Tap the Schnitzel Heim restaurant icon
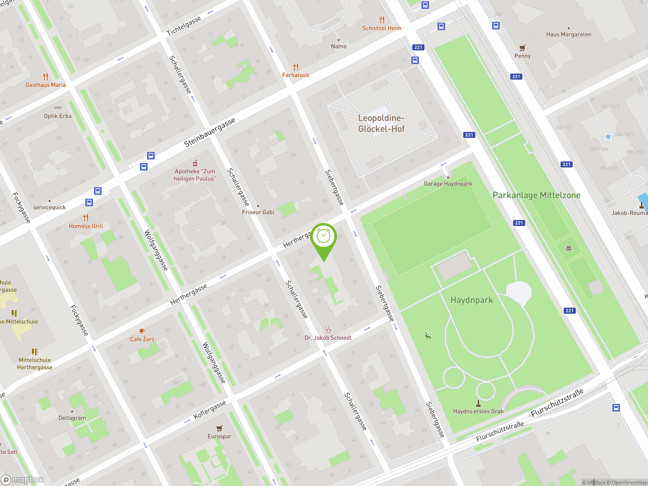tap(382, 20)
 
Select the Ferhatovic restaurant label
tap(296, 75)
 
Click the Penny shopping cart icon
tap(522, 48)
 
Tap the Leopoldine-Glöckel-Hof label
tap(381, 123)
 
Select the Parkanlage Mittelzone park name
tap(536, 195)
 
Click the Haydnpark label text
tap(472, 300)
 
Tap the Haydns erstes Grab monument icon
tap(478, 403)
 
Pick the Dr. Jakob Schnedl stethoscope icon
tap(328, 330)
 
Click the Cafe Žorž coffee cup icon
tap(142, 331)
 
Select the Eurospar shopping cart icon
tap(219, 428)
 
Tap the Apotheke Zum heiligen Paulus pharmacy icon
tap(195, 163)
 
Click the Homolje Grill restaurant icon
tap(86, 218)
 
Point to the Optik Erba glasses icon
tap(58, 108)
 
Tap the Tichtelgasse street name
tap(184, 26)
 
